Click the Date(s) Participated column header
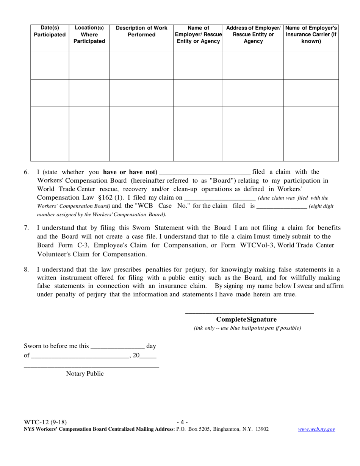tap(50, 31)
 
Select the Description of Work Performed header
tap(141, 31)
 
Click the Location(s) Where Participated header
tap(89, 34)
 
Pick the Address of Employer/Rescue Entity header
tap(253, 34)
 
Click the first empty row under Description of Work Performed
tap(141, 66)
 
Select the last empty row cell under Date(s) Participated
tap(50, 147)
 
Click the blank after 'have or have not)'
tap(205, 172)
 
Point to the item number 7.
tap(26, 228)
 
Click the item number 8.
tap(26, 270)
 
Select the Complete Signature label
tap(246, 319)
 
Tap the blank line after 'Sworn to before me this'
tap(118, 347)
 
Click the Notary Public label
tap(85, 374)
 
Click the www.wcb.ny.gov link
tap(316, 429)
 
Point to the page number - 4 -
tap(182, 422)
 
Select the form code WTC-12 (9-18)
tap(45, 422)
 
